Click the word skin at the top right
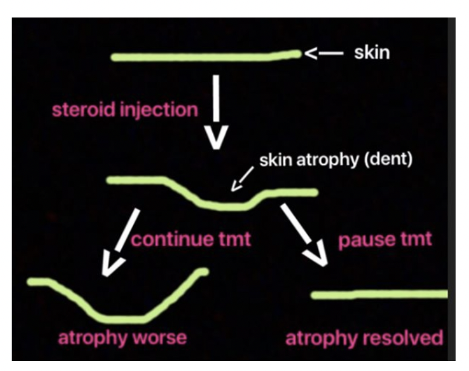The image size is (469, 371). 372,54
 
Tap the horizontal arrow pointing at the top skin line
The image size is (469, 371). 322,54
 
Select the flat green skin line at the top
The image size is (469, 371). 204,57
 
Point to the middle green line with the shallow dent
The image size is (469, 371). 222,204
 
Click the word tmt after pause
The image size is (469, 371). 412,240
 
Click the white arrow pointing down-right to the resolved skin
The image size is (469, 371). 303,235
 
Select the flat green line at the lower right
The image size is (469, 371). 379,295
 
